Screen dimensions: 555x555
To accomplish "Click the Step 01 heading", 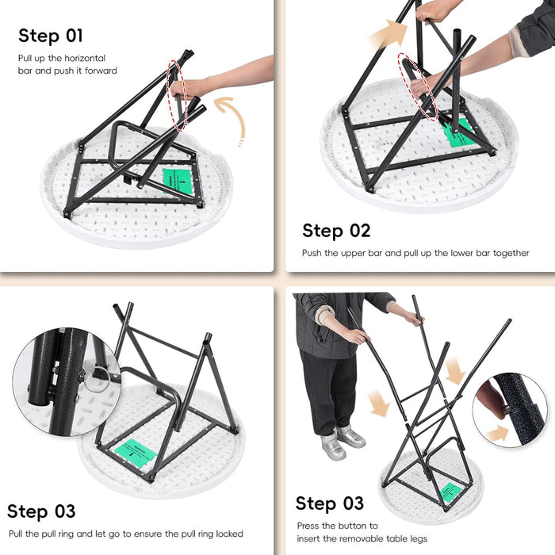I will coord(51,36).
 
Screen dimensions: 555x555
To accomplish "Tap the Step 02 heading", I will coord(336,231).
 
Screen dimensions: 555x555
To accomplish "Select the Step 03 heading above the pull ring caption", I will coord(41,511).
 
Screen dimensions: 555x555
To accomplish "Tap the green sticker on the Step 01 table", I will coord(178,182).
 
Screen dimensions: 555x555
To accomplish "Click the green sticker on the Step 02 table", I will coord(458,133).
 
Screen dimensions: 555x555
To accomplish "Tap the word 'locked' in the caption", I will coord(228,534).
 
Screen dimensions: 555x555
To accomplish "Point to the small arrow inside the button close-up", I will coord(499,433).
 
